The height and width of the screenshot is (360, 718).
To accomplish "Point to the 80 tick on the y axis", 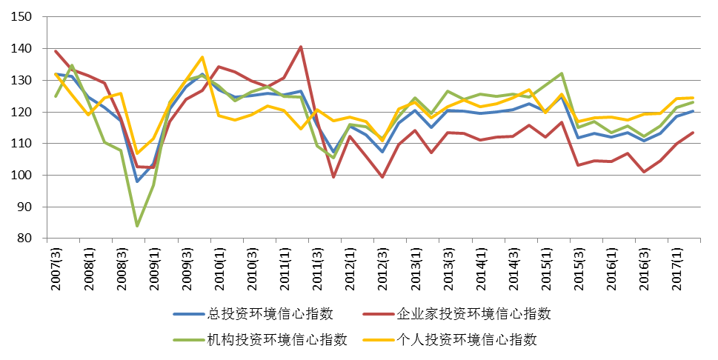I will (x=26, y=239).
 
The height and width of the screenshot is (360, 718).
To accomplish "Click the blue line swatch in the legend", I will (x=190, y=313).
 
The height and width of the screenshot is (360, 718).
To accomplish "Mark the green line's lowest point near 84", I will (x=137, y=225).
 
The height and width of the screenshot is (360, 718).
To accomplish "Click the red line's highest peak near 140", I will (x=301, y=47).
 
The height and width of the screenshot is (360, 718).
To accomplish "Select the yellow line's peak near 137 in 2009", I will (x=202, y=57).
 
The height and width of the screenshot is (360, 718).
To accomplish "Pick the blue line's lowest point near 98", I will (x=137, y=181).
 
